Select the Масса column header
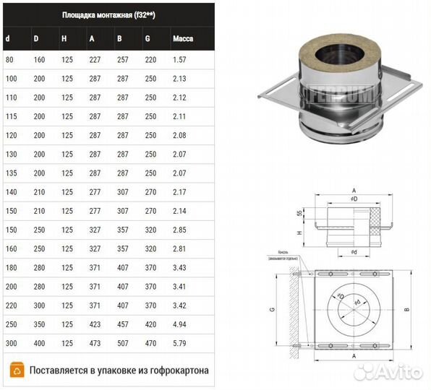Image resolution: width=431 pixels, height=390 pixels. (x=182, y=38)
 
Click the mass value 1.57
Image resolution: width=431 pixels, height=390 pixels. (x=180, y=58)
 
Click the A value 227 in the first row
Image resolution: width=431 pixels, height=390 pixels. (x=95, y=58)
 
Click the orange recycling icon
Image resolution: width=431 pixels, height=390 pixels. (x=15, y=370)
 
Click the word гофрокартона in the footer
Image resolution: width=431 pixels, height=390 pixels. (x=174, y=370)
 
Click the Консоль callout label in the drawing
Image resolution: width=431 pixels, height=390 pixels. (x=278, y=253)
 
